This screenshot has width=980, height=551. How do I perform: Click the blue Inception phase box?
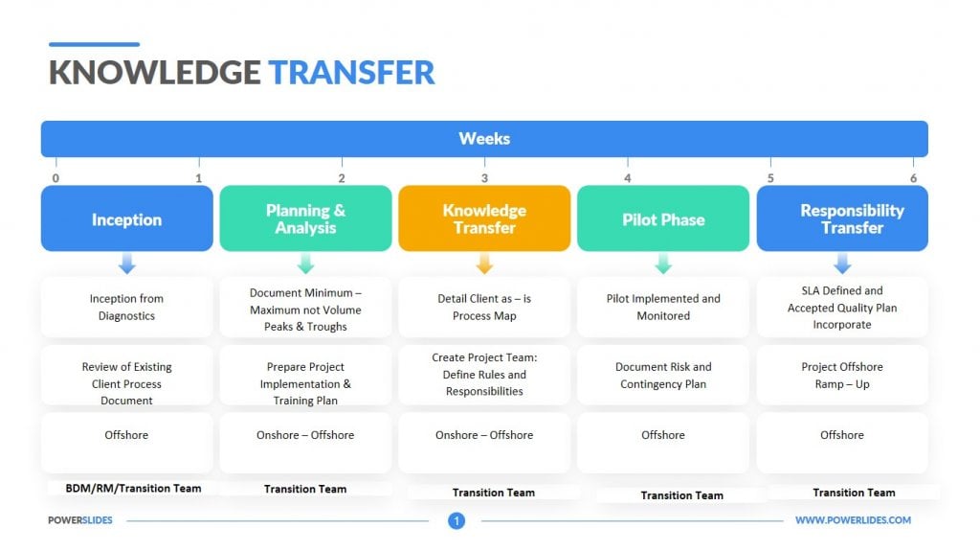point(127,218)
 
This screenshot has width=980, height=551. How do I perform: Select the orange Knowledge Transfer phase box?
point(484,218)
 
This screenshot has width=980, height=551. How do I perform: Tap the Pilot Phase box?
point(663,218)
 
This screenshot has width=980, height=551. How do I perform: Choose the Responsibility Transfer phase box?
point(842,218)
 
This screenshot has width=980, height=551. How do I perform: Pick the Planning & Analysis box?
point(305,218)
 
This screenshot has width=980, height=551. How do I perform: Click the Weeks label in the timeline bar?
point(484,138)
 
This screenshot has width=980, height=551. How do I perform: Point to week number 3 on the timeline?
point(484,178)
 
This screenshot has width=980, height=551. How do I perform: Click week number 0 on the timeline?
point(56,178)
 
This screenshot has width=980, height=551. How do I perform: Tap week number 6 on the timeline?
point(913,178)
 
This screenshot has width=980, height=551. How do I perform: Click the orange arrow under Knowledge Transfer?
point(484,263)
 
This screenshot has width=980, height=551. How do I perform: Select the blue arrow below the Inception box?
point(127,263)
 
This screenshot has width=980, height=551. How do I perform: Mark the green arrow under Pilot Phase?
point(663,263)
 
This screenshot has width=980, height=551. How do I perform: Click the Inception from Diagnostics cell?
point(127,308)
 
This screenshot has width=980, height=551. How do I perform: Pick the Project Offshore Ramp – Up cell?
point(842,375)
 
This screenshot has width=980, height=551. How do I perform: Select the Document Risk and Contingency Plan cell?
point(663,375)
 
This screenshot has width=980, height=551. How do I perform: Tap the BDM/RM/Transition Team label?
point(134,489)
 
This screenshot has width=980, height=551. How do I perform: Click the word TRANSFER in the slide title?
point(352,73)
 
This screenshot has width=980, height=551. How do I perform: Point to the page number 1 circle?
point(457,520)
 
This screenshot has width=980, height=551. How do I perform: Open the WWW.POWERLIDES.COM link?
point(853,520)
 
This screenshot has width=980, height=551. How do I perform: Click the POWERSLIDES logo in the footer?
point(80,520)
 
